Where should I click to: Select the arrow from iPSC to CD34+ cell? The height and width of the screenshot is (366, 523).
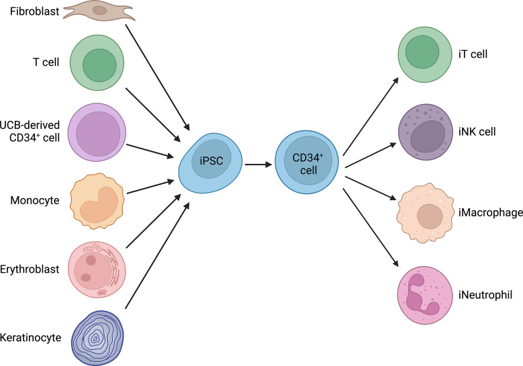(257, 164)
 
